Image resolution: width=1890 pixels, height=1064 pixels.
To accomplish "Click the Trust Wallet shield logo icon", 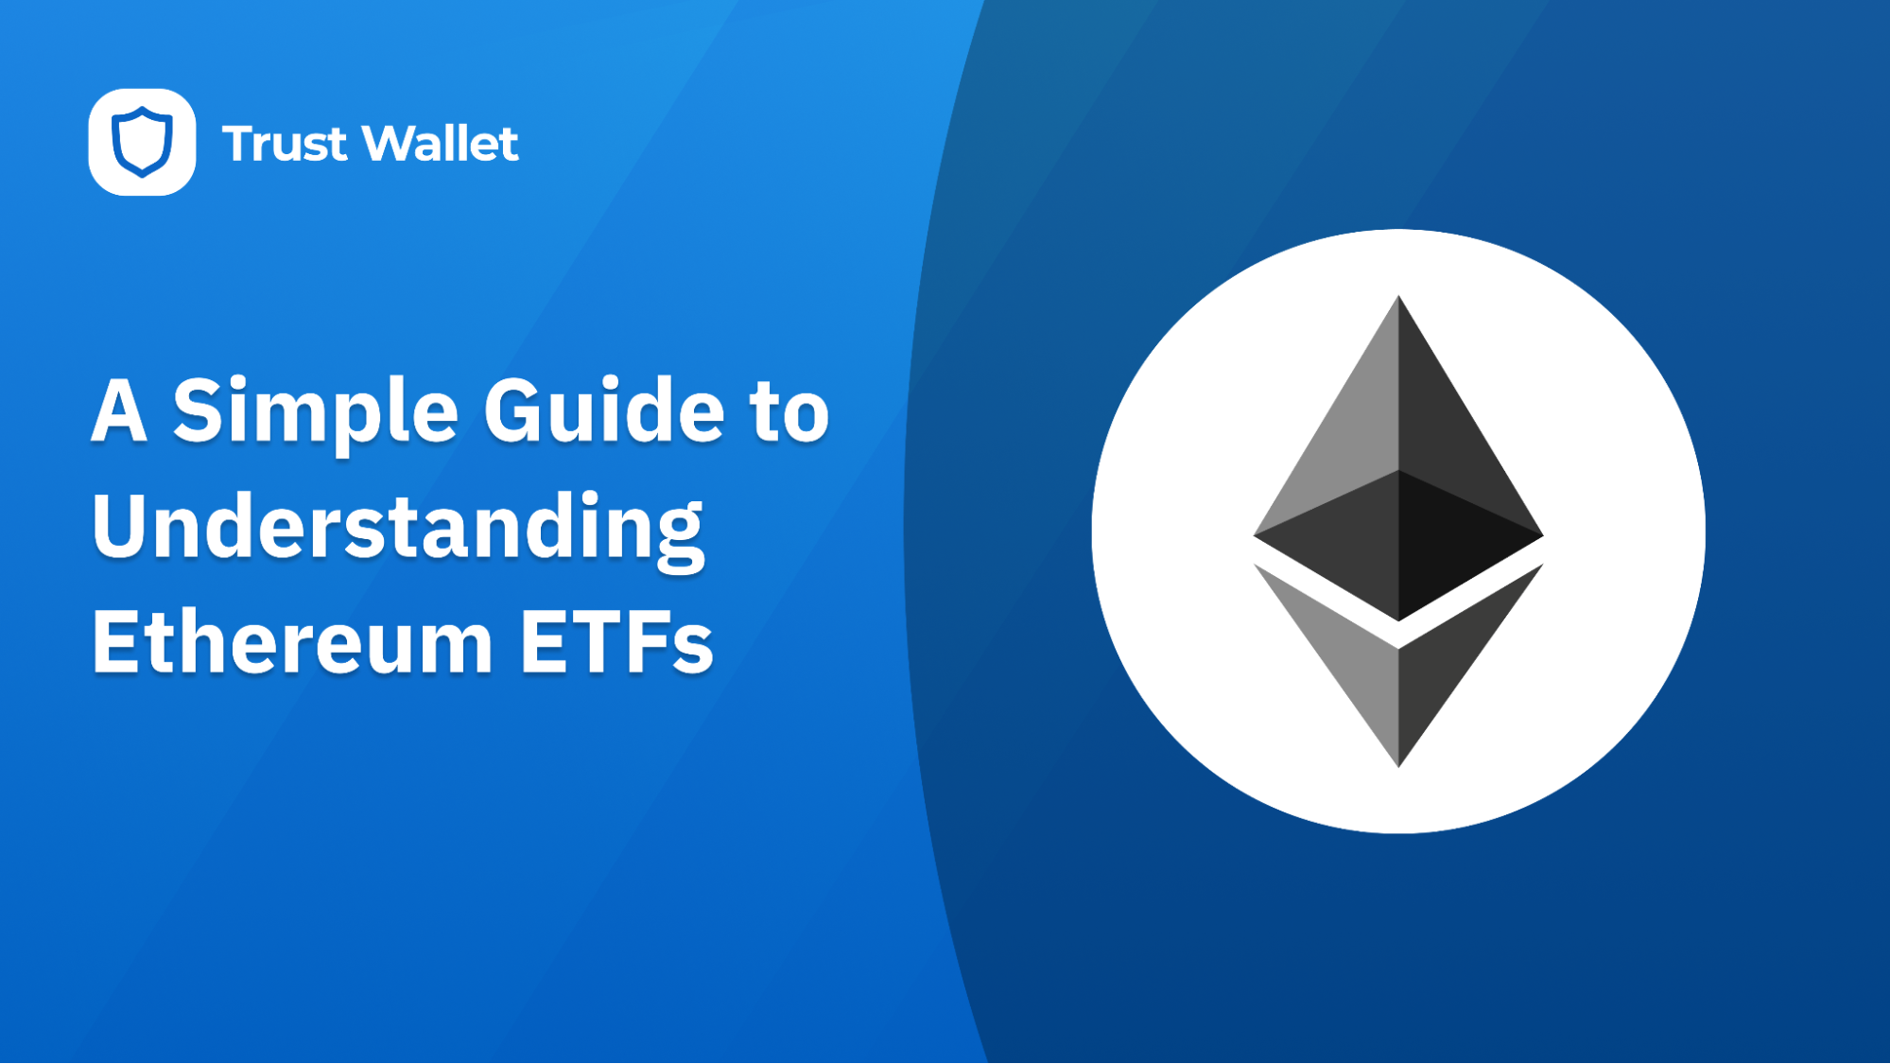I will click(142, 142).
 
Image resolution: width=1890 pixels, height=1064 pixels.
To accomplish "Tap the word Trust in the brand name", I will click(284, 144).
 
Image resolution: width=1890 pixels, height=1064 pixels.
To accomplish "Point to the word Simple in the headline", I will click(315, 412).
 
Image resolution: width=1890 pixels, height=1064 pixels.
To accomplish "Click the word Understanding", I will click(397, 528).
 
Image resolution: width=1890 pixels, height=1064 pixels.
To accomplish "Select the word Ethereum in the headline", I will click(292, 643).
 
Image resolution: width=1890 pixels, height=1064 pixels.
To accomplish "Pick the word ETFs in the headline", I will click(616, 643).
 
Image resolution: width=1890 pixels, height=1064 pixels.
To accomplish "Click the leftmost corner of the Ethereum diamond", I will click(1257, 535).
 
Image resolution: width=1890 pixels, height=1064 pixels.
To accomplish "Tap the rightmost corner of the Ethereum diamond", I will click(1541, 535).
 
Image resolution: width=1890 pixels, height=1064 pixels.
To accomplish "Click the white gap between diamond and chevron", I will click(1398, 635).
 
